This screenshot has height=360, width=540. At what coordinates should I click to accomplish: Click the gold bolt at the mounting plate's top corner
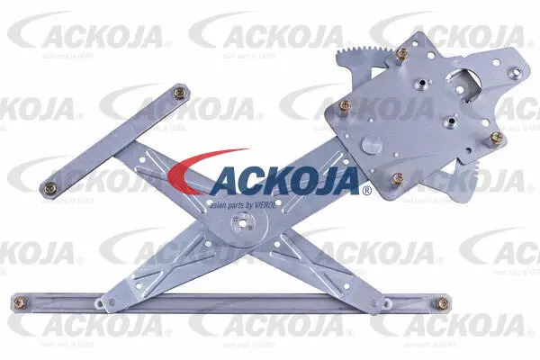pos(401,52)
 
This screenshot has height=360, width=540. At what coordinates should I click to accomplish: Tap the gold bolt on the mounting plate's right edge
pos(496,137)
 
